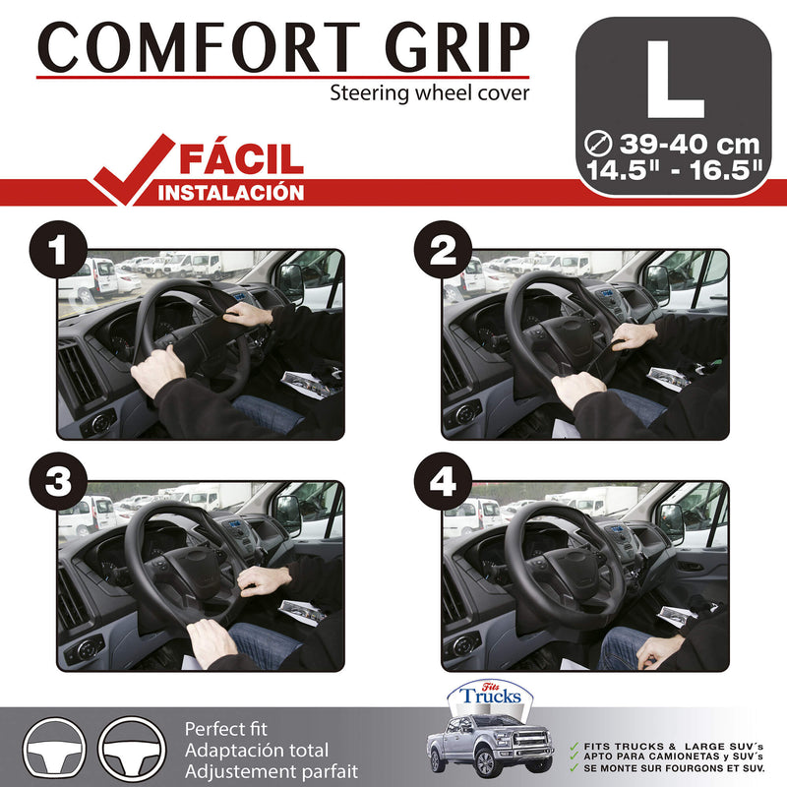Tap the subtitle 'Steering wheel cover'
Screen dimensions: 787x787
tap(430, 94)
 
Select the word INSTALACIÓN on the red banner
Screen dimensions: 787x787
tap(232, 192)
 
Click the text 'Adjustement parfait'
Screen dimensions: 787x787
tap(272, 772)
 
